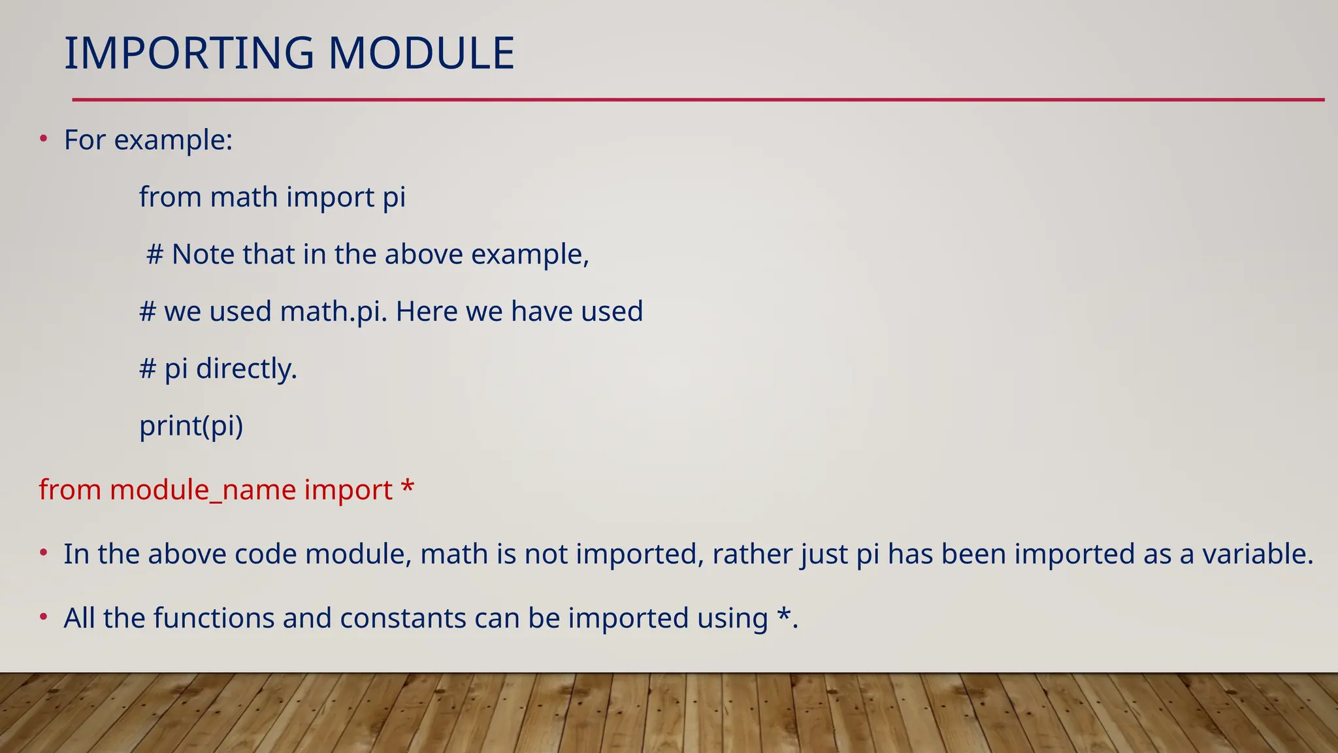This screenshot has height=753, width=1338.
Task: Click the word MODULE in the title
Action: tap(421, 54)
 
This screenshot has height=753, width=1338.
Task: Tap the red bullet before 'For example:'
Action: tap(43, 139)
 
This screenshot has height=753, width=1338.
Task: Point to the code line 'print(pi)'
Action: tap(191, 426)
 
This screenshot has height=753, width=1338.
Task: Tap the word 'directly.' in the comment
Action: tap(246, 369)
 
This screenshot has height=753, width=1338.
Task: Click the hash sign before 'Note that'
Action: tap(155, 254)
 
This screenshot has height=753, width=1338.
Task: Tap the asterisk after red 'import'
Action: tap(407, 488)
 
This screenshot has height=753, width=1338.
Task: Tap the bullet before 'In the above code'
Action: tap(43, 553)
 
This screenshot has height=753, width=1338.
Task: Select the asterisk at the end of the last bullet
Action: tap(783, 615)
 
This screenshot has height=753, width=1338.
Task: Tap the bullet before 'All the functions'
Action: tap(43, 617)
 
